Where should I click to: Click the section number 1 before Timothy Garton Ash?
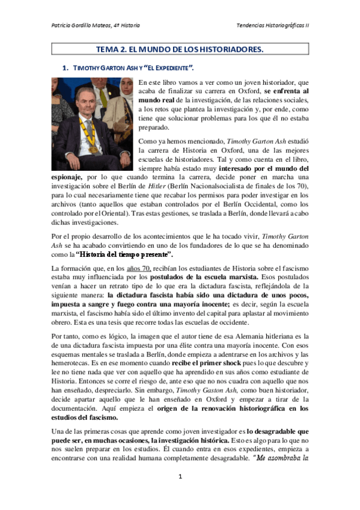(x=65, y=68)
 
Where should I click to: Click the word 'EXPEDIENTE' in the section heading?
(x=177, y=68)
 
